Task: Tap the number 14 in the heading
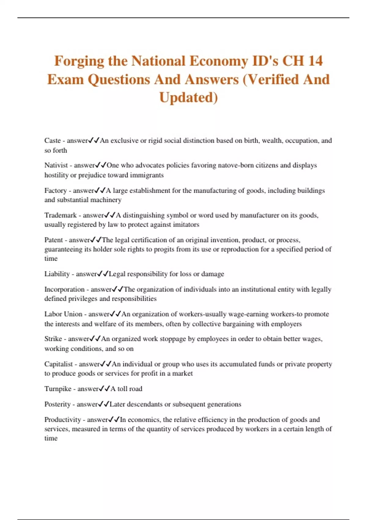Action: click(315, 61)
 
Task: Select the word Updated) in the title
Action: click(188, 97)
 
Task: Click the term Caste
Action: click(52, 140)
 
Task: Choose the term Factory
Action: click(55, 191)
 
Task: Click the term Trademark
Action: click(61, 215)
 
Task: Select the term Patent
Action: click(54, 240)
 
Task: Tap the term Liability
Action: click(57, 274)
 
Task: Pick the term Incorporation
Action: click(64, 289)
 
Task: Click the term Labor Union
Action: click(63, 314)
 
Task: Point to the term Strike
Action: click(53, 339)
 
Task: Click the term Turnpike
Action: click(58, 389)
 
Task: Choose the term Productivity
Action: click(62, 420)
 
